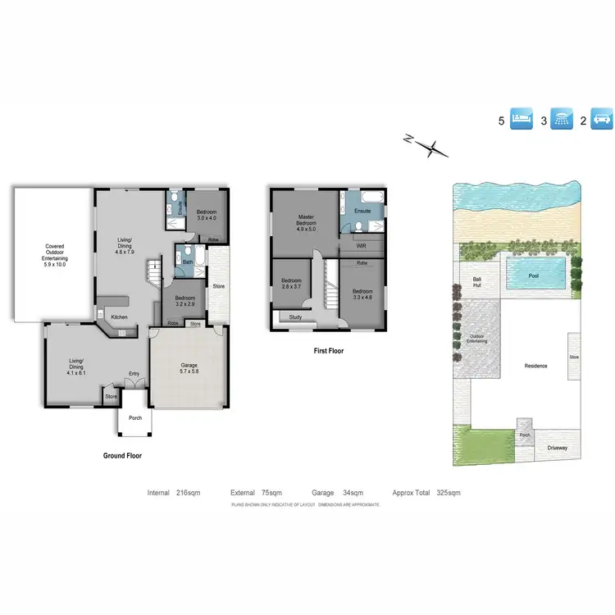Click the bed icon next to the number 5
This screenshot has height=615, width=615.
point(522,120)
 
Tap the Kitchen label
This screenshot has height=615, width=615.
point(120,317)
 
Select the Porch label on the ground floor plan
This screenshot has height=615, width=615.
point(134,417)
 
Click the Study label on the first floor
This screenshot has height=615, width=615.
point(295,317)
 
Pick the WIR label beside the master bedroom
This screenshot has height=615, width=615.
point(362,245)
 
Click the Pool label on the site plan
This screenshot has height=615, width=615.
point(533,276)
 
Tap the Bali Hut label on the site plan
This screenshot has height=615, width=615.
point(476,283)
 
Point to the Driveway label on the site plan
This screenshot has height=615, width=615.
point(557,448)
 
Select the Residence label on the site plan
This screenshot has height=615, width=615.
point(535,366)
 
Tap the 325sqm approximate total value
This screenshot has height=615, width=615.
point(449,493)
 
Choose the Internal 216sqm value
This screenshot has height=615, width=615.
point(188,493)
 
